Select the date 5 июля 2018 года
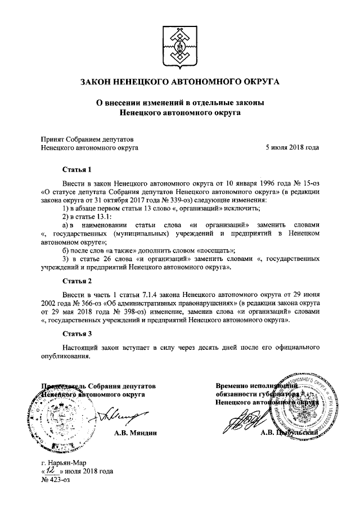pos(292,148)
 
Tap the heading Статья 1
pos(76,169)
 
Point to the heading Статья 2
pos(76,280)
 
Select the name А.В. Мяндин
pos(134,433)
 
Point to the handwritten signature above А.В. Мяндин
pos(121,416)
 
